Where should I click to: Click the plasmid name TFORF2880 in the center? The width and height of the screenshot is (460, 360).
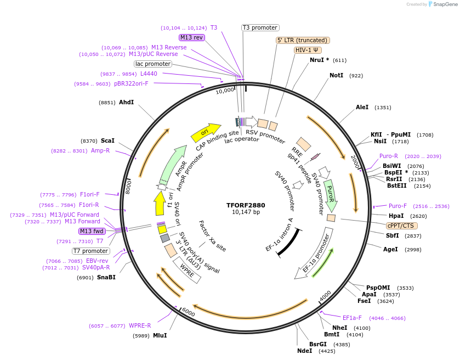(246, 205)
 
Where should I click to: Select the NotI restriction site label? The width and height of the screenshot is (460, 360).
(336, 75)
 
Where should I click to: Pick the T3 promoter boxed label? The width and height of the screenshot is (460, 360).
(260, 27)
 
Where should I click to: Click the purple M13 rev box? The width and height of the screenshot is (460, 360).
(192, 37)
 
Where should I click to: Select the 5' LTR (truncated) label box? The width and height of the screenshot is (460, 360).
(303, 40)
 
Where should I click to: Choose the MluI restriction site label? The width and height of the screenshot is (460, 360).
(160, 335)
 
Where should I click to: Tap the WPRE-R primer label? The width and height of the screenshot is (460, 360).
(140, 325)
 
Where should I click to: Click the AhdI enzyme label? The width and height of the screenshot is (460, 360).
(126, 102)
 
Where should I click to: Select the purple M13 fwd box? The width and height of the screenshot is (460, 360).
(92, 231)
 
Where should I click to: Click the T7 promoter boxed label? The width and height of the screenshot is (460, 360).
(91, 251)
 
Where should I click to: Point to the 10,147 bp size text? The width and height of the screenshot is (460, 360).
(246, 212)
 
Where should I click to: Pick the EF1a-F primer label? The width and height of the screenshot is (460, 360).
(352, 318)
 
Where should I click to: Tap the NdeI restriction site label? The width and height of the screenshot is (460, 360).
(304, 351)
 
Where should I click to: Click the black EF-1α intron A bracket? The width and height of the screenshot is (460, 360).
(288, 242)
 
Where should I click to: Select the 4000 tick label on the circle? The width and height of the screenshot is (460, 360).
(325, 295)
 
